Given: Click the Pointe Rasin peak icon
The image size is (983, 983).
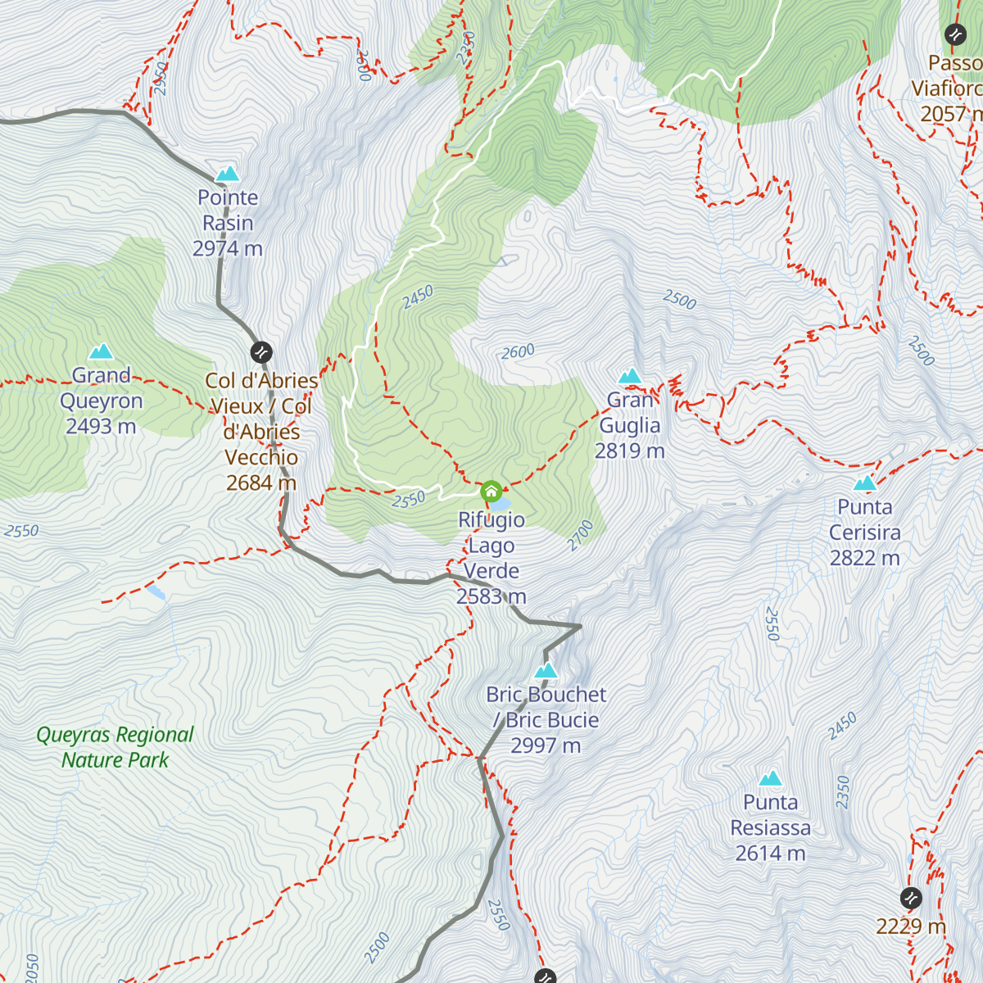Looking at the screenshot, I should (x=227, y=174).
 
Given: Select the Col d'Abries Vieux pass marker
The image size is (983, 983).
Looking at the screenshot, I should (x=261, y=352).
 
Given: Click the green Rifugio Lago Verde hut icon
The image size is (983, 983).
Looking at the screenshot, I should (x=491, y=491).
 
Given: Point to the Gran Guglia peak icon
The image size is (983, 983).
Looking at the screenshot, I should (x=630, y=376).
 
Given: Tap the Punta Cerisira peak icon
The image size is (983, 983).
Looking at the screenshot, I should (x=865, y=483).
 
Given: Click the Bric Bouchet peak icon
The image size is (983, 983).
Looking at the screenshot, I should (x=546, y=671).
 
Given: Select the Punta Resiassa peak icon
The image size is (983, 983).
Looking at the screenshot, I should (x=770, y=778).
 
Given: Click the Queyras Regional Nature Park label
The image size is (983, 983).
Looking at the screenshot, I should (x=116, y=747).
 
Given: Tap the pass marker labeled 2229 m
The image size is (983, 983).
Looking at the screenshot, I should (x=911, y=898).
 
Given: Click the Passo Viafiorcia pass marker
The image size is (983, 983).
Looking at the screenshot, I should (x=955, y=34).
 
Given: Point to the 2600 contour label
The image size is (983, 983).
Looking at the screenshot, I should (x=518, y=352).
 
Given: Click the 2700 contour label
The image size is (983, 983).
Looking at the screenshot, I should (x=580, y=535).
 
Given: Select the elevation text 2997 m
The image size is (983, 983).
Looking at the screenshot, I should (x=546, y=745).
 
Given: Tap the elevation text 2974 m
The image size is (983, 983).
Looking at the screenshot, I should (x=228, y=248).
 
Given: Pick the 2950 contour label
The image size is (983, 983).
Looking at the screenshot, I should (x=161, y=79).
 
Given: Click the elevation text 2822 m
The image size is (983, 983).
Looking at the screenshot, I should (x=865, y=558).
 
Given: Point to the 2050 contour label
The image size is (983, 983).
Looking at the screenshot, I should (x=32, y=967).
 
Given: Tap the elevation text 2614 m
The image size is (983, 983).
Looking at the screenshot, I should (x=770, y=854).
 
